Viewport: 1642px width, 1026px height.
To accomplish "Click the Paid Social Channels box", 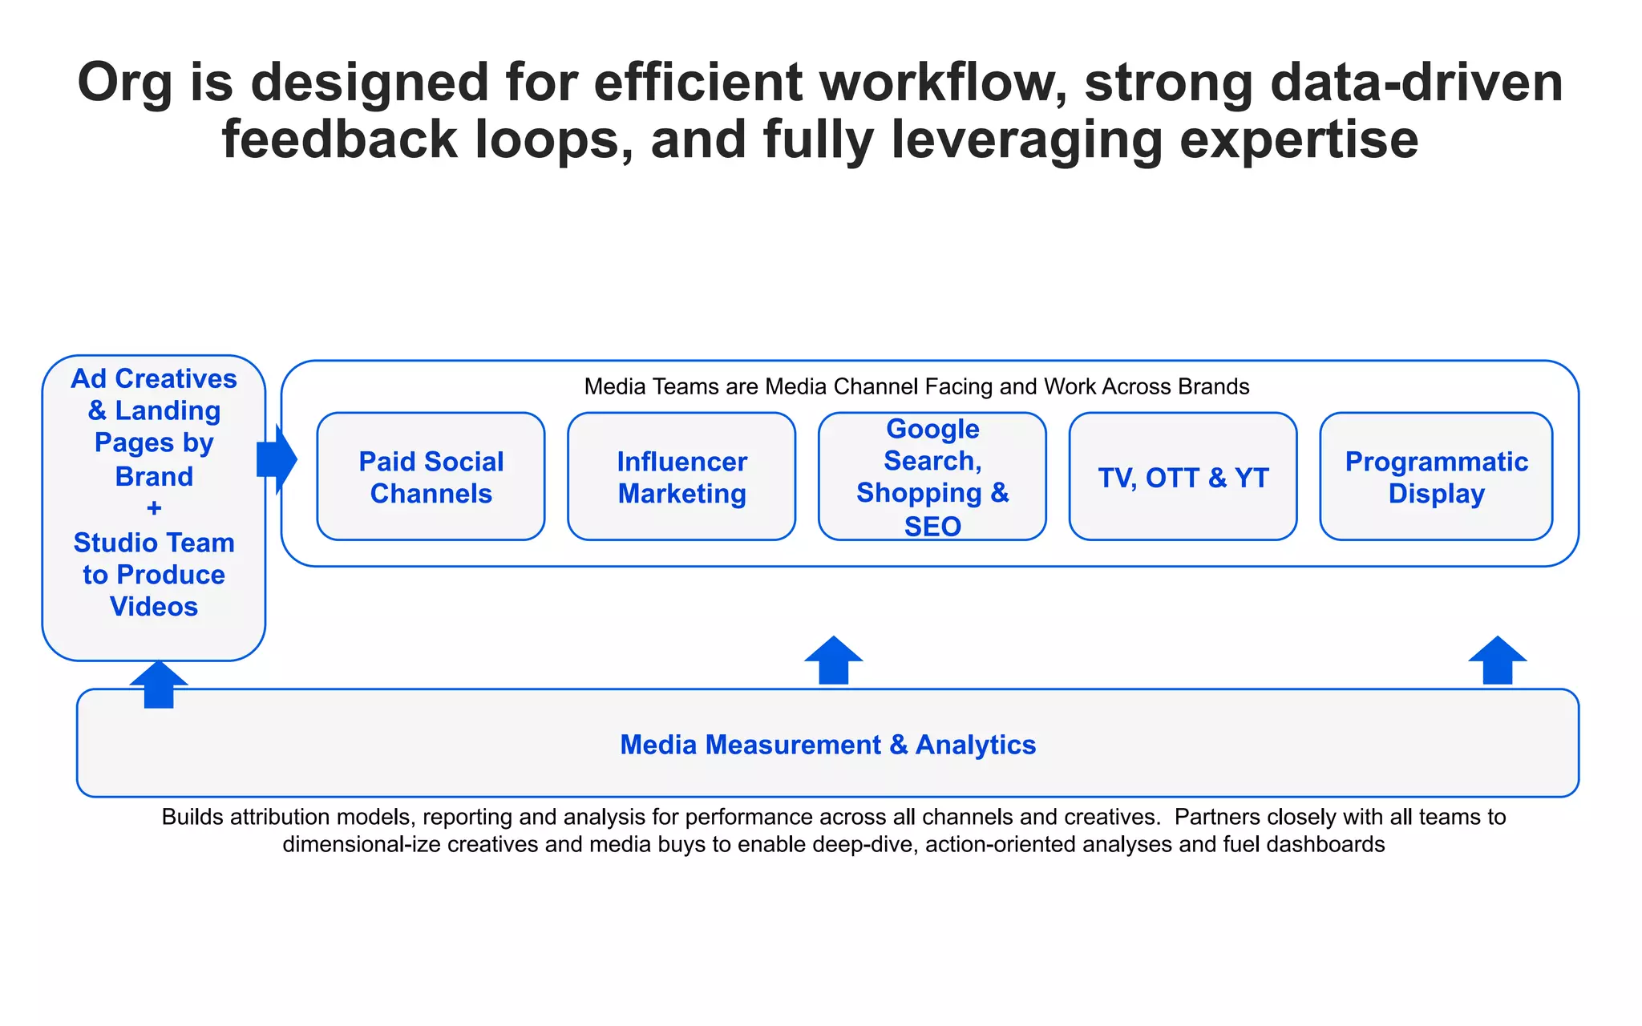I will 431,477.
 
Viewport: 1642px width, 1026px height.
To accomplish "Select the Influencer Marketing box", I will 681,477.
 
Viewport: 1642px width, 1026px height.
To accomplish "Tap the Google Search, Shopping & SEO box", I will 932,477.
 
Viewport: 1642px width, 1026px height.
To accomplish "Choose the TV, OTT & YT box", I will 1183,477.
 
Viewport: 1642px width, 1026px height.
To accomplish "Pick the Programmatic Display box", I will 1436,477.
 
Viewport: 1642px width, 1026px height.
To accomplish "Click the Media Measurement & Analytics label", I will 827,745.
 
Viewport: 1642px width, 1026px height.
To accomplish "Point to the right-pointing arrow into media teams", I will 277,459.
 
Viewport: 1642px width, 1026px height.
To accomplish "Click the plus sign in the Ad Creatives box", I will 154,508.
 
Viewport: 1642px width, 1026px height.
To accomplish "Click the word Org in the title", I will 124,83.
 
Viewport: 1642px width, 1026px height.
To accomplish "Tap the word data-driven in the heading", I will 1417,83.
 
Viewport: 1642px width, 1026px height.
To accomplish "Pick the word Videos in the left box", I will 154,607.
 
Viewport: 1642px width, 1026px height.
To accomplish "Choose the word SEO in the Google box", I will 932,527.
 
